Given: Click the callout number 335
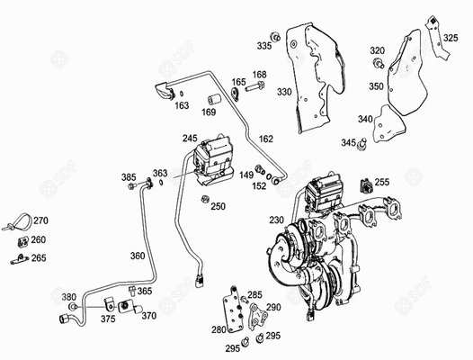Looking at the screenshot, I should pyautogui.click(x=263, y=45).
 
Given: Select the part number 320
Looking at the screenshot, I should pyautogui.click(x=377, y=50).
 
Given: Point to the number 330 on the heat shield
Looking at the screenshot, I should pyautogui.click(x=284, y=92).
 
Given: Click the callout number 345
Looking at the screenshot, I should pyautogui.click(x=348, y=143).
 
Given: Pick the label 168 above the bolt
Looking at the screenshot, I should pyautogui.click(x=259, y=75).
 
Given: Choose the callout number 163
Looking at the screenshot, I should pyautogui.click(x=182, y=105).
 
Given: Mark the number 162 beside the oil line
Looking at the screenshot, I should pyautogui.click(x=265, y=139).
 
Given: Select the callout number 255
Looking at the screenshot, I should pyautogui.click(x=381, y=183).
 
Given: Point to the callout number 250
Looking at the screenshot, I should pyautogui.click(x=218, y=206).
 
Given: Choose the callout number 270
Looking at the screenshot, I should pyautogui.click(x=40, y=220).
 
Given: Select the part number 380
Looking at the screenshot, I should pyautogui.click(x=68, y=297).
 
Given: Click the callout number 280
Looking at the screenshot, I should pyautogui.click(x=219, y=329).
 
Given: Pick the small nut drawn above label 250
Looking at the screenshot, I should pyautogui.click(x=205, y=198).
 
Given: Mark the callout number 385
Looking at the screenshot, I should pyautogui.click(x=129, y=176).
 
